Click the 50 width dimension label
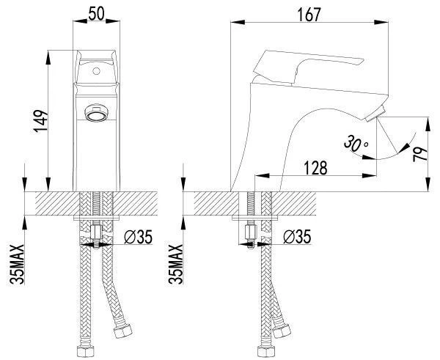pos(96,13)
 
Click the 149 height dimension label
pos(41,121)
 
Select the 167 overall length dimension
pos(309,15)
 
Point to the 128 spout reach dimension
pos(315,168)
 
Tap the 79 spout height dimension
pos(420,154)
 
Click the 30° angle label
pos(356,143)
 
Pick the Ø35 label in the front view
pos(138,237)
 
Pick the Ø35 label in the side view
pos(297,237)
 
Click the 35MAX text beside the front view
pos(17,264)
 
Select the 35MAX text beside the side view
pos(176,264)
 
